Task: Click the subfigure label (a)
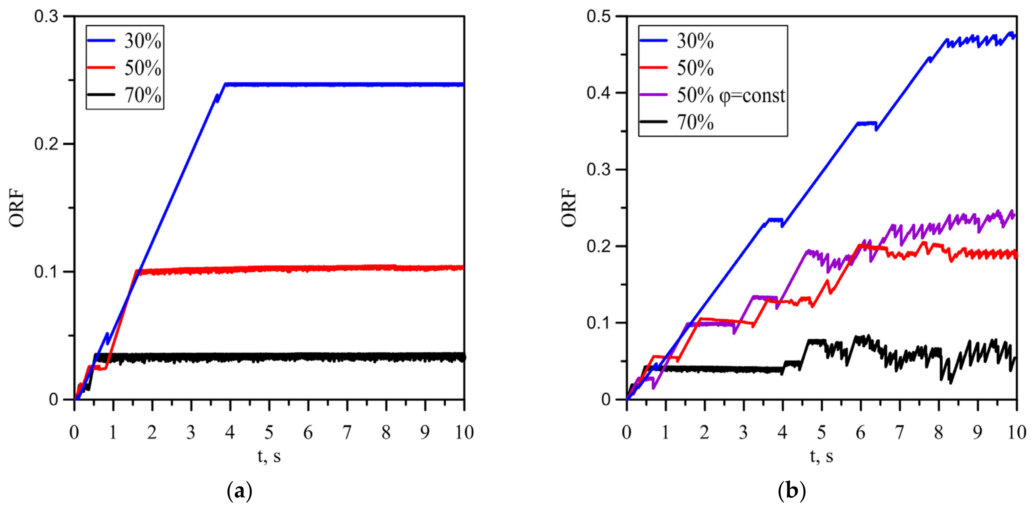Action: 240,491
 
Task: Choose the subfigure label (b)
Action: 792,491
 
